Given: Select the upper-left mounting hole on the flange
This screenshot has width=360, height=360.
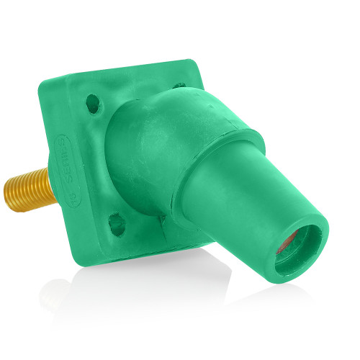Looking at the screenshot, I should (92, 104).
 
